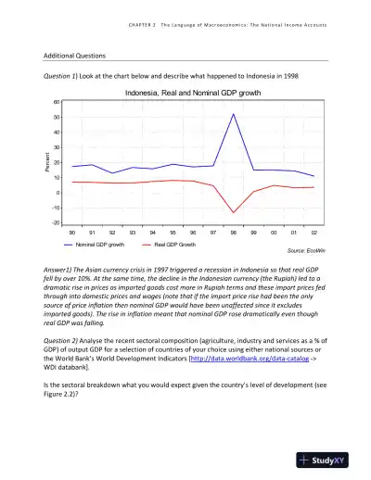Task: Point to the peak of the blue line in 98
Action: (234, 114)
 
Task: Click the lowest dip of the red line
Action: (234, 213)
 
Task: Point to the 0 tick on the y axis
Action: (58, 193)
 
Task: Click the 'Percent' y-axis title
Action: (43, 162)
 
